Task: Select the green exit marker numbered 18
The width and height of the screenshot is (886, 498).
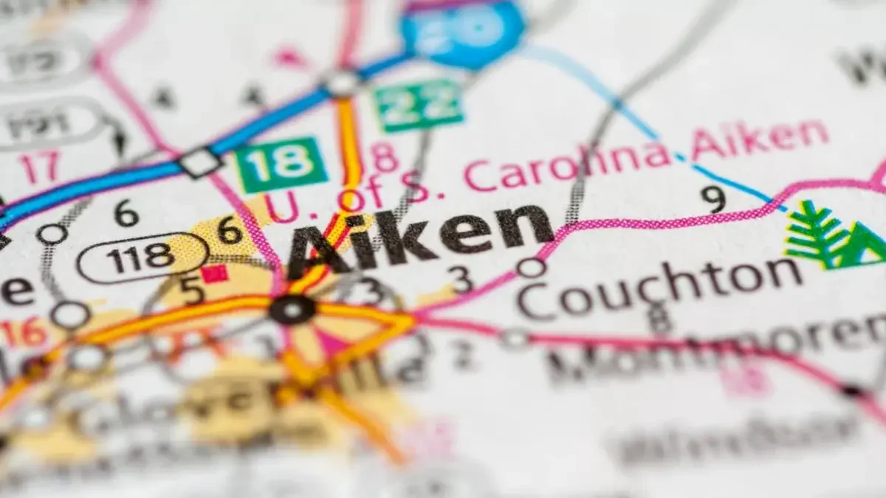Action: [281, 164]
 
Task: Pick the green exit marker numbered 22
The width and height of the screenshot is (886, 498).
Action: [418, 105]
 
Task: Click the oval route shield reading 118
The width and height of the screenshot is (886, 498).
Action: [141, 257]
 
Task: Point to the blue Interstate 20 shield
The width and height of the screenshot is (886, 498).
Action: [462, 30]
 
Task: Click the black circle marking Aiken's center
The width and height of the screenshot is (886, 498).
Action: [292, 309]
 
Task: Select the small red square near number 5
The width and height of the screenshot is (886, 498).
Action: [214, 274]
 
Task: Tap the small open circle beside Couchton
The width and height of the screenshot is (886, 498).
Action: [530, 267]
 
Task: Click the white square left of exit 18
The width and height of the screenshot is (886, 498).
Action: [200, 162]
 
